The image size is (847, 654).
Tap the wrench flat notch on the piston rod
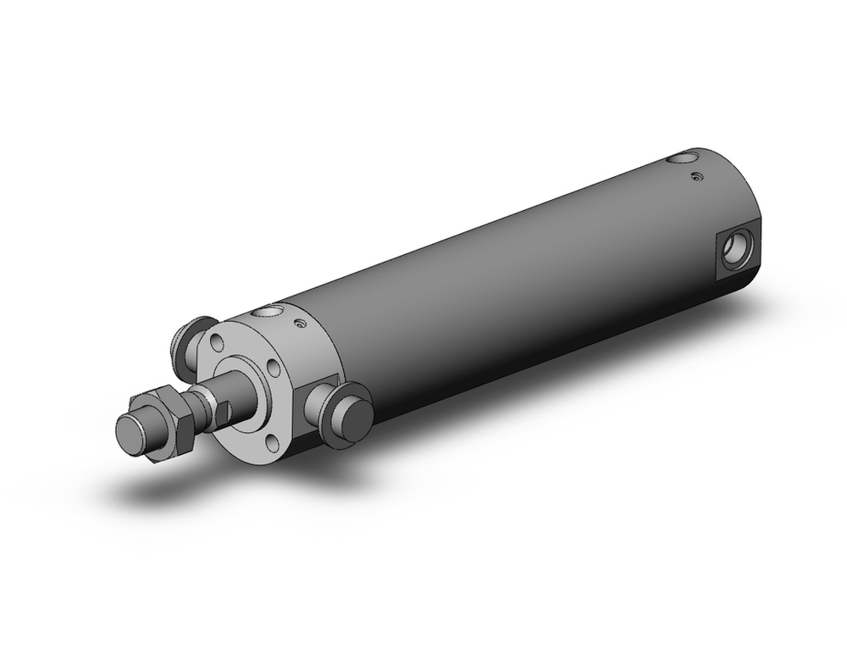(222, 413)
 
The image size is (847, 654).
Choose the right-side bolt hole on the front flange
(273, 369)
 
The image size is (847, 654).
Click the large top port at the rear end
(682, 158)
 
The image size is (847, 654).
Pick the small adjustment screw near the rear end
(696, 175)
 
